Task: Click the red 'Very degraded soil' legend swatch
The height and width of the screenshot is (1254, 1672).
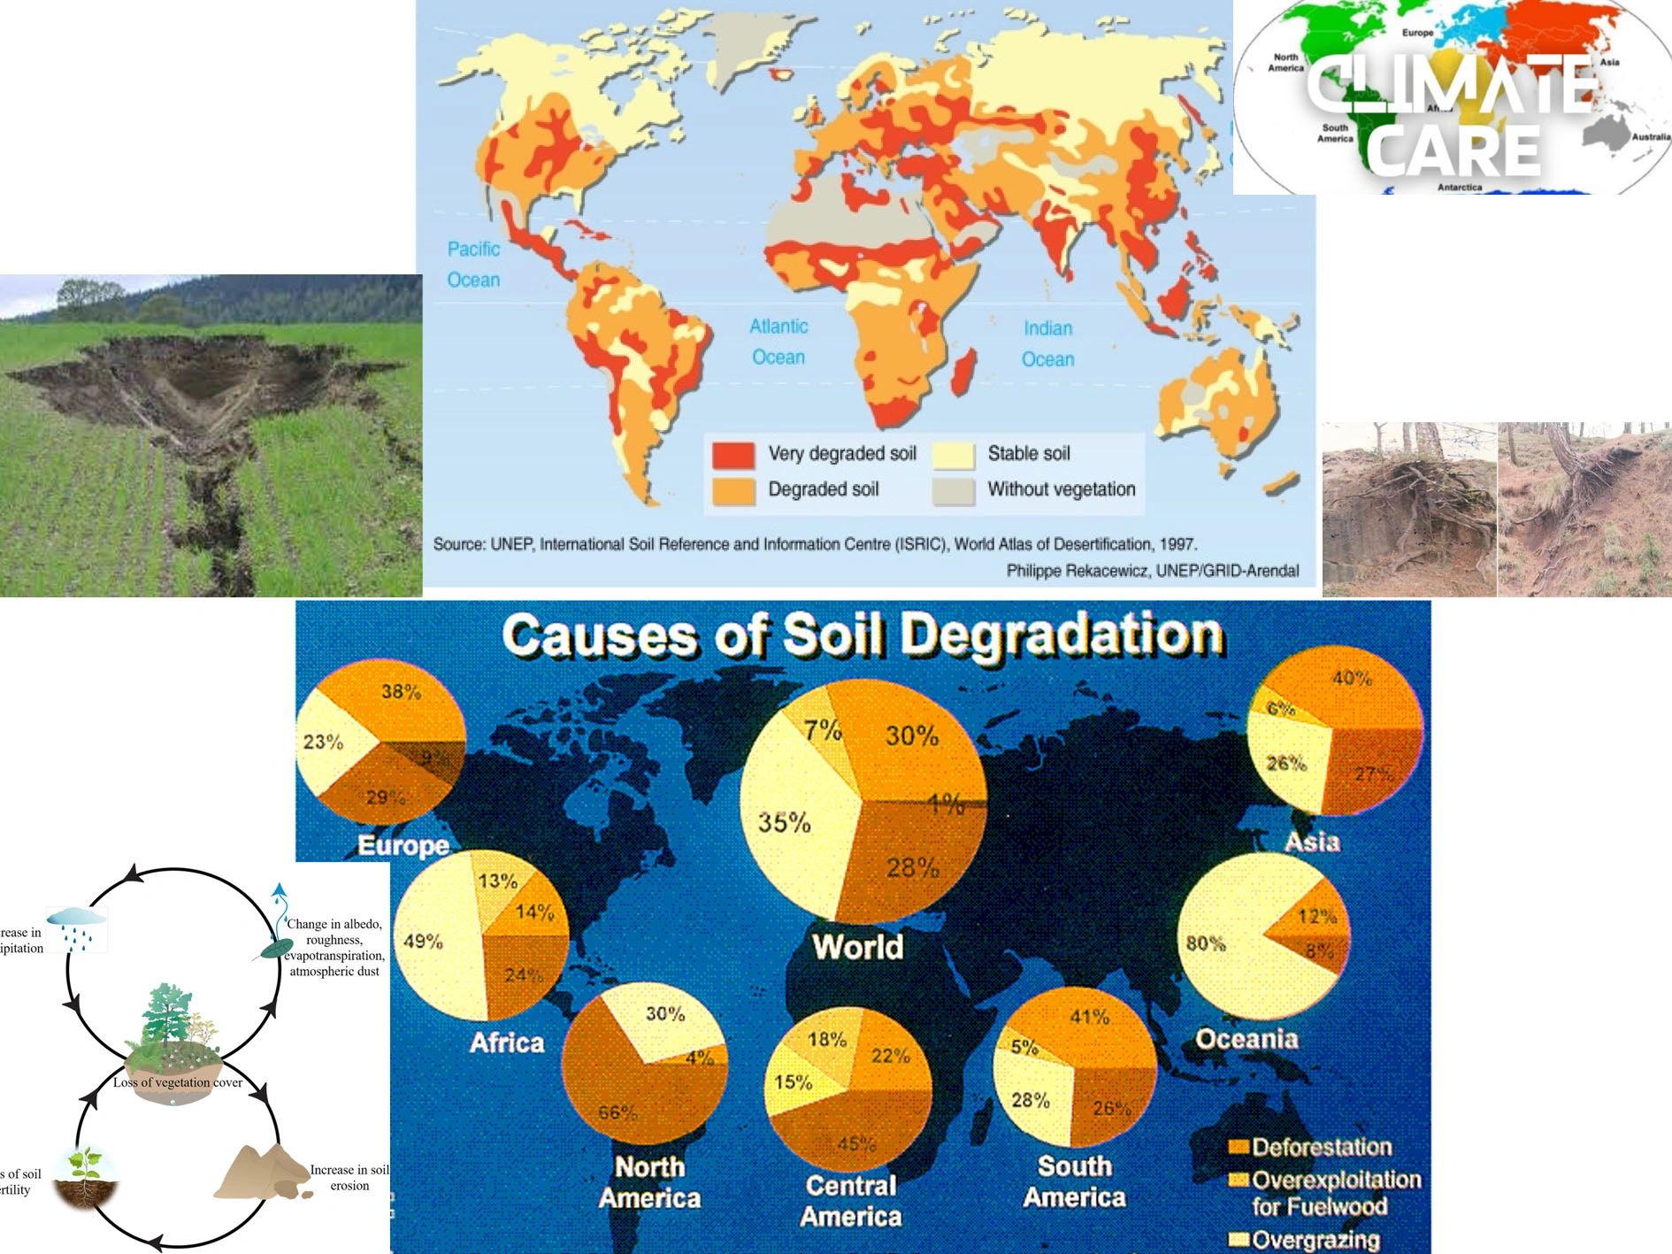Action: point(733,455)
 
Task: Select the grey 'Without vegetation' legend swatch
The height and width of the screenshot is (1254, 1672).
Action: point(954,490)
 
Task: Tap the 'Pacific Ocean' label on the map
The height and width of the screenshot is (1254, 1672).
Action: point(473,265)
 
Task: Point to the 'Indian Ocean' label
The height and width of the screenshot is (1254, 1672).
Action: point(1047,344)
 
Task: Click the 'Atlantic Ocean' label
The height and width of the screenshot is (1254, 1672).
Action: point(778,342)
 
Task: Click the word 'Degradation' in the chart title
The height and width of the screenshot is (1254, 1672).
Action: point(1062,635)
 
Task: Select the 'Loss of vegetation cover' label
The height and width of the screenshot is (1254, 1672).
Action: point(177,1082)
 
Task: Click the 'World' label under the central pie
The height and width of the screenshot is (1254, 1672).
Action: point(858,947)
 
